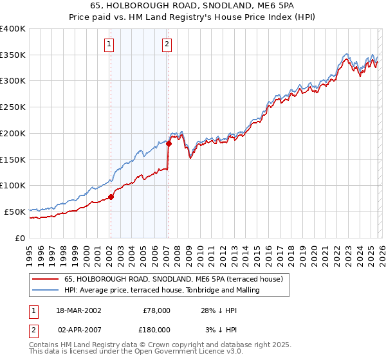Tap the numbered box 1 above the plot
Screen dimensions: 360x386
click(109, 44)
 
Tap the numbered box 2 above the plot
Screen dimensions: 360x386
click(167, 44)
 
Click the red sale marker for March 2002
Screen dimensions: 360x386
click(111, 197)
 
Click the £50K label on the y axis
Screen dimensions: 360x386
click(15, 212)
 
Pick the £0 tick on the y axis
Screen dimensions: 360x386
click(21, 238)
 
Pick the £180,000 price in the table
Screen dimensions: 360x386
click(155, 329)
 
